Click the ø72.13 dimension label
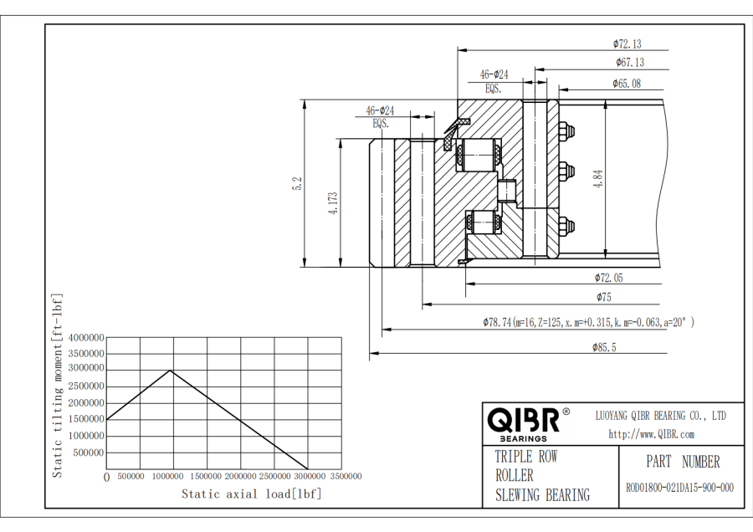pos(627,43)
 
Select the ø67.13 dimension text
pos(629,62)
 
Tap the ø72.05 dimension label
pos(609,278)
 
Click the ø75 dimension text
pos(603,297)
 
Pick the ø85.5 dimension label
pos(603,348)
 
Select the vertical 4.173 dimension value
pos(332,204)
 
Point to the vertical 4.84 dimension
pos(598,180)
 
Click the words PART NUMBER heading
pos(682,462)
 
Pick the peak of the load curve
pos(172,370)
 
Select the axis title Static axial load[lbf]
pos(251,494)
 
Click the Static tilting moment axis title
pos(58,385)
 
